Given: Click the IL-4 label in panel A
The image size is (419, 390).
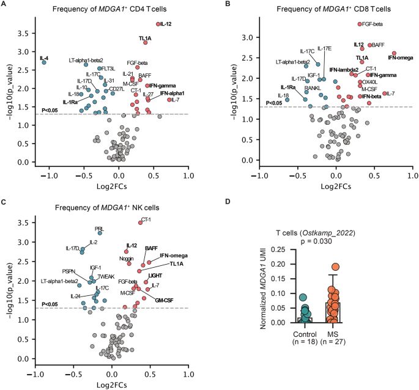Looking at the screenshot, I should coord(44,58).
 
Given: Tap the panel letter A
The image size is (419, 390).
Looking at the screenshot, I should coord(4,4).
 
